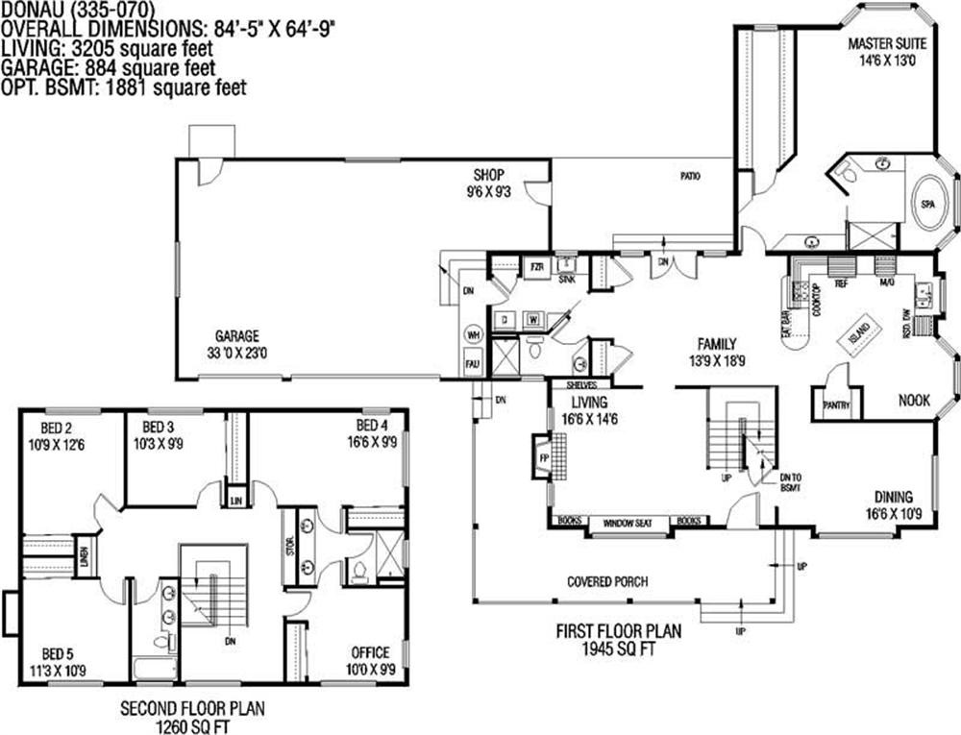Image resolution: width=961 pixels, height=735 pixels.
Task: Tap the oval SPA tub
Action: [x=928, y=205]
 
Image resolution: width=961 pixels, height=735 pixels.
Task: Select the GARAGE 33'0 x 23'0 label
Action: [x=236, y=344]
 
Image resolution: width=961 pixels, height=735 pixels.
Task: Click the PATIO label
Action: [x=689, y=177]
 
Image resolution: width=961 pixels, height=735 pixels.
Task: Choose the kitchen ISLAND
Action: [x=859, y=333]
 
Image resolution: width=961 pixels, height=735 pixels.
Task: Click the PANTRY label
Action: [x=836, y=405]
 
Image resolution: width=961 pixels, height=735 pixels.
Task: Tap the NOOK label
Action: [x=914, y=401]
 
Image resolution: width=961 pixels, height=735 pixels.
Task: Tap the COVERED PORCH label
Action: [x=606, y=581]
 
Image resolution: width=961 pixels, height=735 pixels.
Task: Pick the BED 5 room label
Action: [x=58, y=662]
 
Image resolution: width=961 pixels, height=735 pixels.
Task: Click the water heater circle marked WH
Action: [x=473, y=335]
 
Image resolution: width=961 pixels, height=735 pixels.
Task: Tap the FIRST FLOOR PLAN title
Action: [x=619, y=631]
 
